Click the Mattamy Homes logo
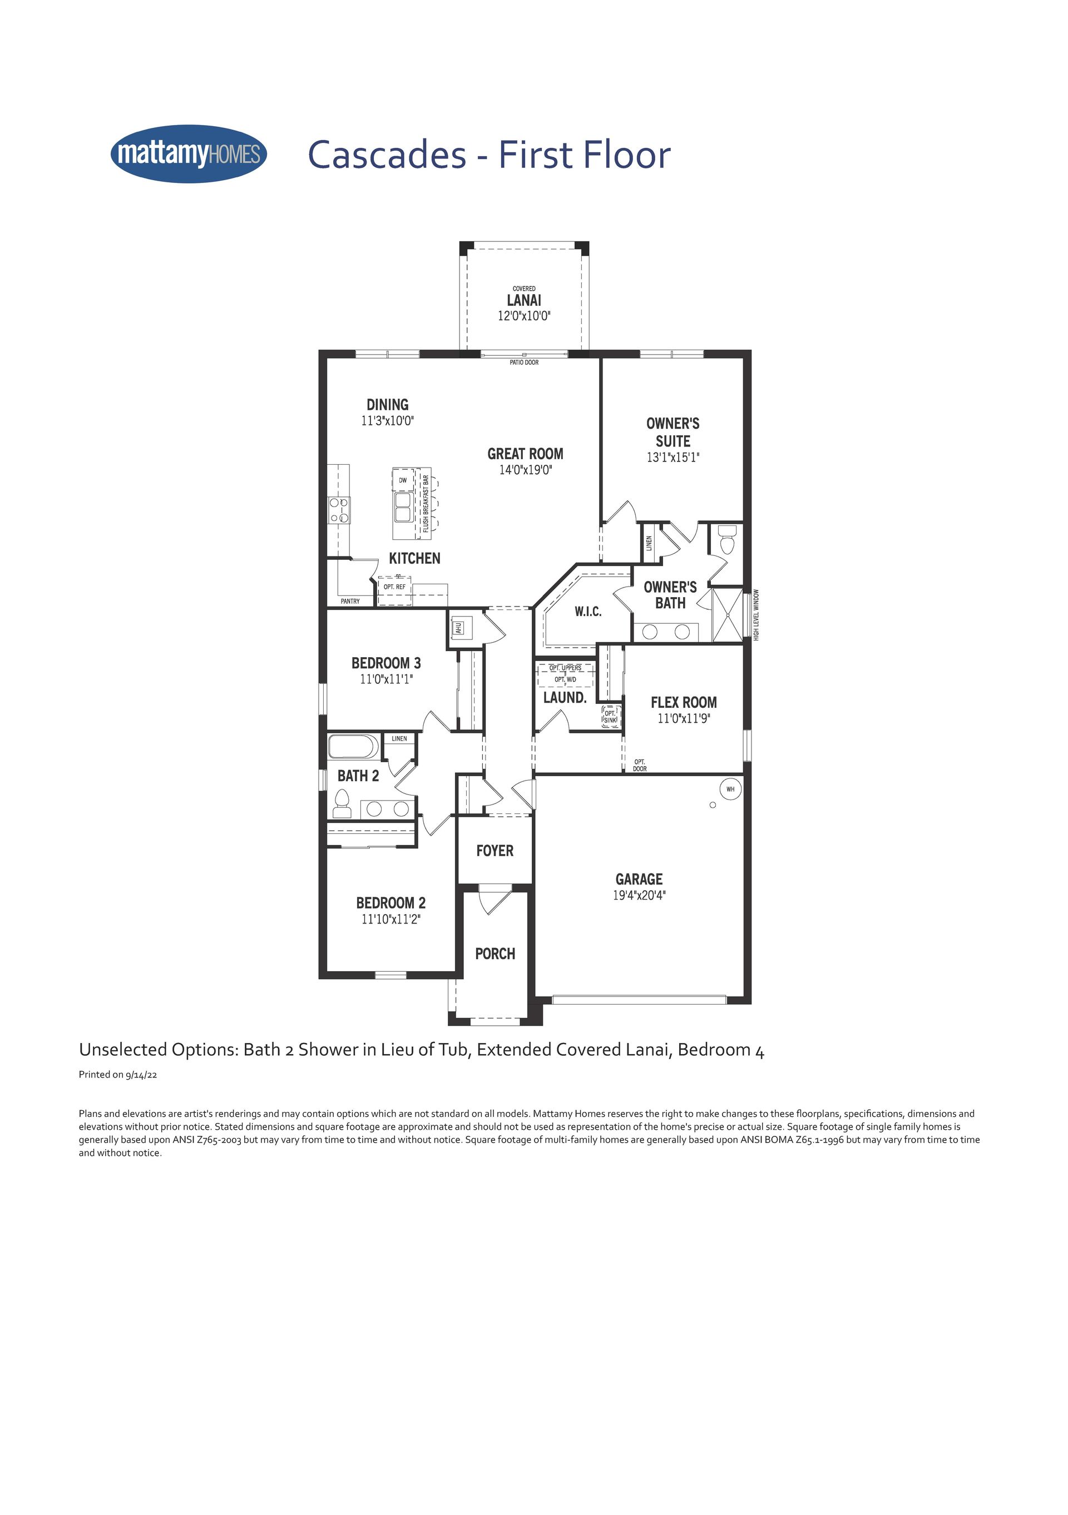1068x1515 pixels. click(189, 154)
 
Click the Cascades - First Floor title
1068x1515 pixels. click(489, 155)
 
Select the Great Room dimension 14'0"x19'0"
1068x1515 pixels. click(526, 470)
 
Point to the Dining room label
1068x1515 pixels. click(388, 405)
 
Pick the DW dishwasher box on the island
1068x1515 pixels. click(403, 480)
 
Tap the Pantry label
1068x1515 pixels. click(350, 601)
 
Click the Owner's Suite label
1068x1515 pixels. click(673, 432)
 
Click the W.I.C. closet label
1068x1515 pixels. click(587, 612)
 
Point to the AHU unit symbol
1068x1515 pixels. click(459, 628)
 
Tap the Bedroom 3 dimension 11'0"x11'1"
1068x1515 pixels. click(386, 679)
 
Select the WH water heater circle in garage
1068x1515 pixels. click(730, 788)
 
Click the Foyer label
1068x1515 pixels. click(495, 851)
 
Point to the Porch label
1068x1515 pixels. click(495, 953)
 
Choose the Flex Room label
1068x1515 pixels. click(684, 703)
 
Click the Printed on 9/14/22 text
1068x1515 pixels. click(118, 1074)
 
